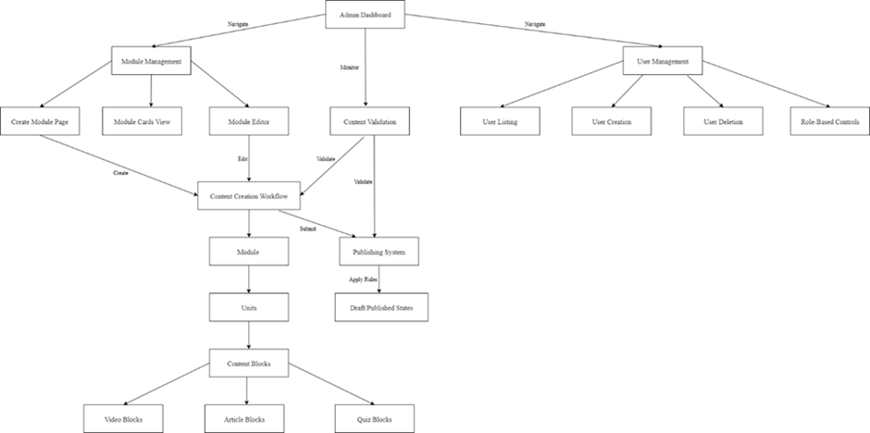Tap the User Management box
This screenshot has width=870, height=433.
(x=662, y=61)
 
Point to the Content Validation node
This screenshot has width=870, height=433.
(x=368, y=121)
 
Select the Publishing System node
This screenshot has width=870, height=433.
(x=379, y=251)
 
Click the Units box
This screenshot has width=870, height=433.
(x=247, y=306)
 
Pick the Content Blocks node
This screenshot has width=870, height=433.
(x=247, y=363)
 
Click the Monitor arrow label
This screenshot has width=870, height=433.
(x=351, y=68)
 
